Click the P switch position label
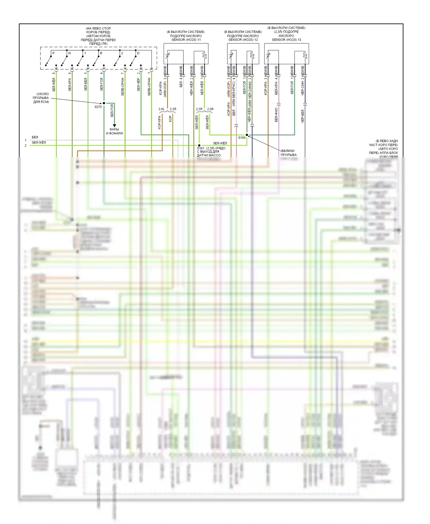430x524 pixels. [53, 53]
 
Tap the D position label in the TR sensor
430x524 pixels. [138, 53]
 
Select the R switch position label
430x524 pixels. [101, 53]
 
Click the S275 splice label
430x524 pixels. [98, 107]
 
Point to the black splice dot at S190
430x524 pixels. [247, 135]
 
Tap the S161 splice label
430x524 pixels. [201, 148]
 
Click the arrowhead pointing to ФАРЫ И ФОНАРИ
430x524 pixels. [114, 126]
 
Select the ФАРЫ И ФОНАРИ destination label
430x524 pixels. [114, 131]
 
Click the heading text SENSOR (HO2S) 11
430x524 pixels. [186, 40]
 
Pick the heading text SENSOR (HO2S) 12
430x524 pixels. [243, 40]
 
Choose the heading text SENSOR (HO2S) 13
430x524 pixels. [286, 40]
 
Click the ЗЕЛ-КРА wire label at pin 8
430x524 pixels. [70, 85]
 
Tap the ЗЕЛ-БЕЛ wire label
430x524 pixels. [85, 85]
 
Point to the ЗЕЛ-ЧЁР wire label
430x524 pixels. [138, 85]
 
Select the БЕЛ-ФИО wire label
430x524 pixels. [276, 115]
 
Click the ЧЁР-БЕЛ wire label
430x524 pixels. [302, 116]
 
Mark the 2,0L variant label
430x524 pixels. [161, 109]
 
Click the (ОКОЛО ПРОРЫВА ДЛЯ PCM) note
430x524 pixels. [41, 98]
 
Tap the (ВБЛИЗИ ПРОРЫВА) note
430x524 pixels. [288, 153]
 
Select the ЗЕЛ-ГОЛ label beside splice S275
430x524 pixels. [112, 111]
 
